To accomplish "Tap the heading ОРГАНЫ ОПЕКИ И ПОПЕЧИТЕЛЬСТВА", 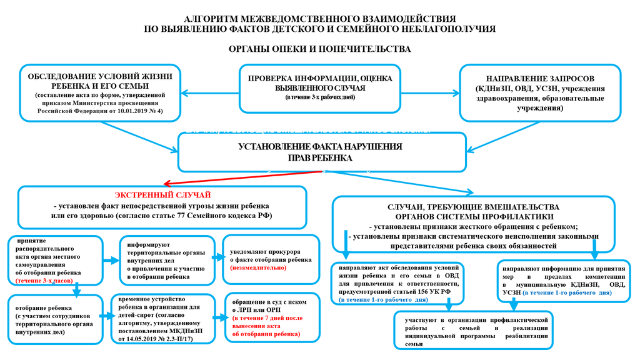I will [x=319, y=49].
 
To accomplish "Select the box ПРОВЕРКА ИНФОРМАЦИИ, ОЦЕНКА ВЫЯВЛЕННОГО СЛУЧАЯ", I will [x=320, y=87].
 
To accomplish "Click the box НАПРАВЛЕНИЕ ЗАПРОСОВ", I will [x=540, y=92].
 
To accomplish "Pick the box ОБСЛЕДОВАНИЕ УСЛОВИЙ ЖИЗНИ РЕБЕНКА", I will [x=100, y=92].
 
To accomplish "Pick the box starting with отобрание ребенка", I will [x=55, y=319].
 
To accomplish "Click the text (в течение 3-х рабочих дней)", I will [x=320, y=99].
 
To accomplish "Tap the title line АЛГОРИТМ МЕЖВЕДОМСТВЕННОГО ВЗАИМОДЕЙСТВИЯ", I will [x=320, y=19].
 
